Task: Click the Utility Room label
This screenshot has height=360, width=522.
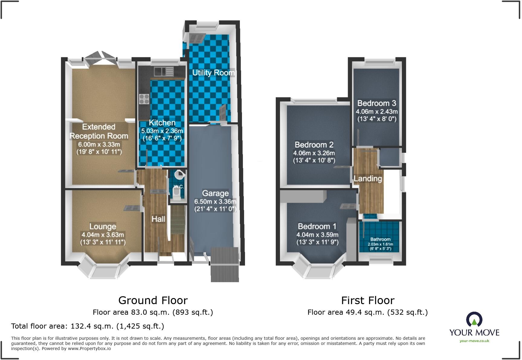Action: click(213, 72)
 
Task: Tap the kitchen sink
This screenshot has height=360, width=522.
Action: click(164, 72)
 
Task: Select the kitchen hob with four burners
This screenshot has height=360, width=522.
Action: click(144, 99)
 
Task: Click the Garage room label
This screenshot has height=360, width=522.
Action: click(215, 193)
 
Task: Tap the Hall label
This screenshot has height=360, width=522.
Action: click(158, 219)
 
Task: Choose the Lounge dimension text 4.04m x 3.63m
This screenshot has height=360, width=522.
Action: click(103, 235)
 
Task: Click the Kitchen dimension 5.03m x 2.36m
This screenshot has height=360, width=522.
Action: click(162, 131)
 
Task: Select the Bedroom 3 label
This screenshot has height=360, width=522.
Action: click(377, 103)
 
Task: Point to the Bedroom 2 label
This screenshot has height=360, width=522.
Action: click(314, 145)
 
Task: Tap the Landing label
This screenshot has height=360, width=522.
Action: click(368, 178)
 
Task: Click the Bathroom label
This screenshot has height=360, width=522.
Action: click(380, 239)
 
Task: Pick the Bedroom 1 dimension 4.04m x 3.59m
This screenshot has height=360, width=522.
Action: click(317, 235)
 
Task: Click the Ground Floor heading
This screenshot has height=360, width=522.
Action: click(153, 301)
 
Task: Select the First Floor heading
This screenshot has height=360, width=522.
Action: click(368, 301)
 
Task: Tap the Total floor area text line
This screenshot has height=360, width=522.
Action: click(88, 326)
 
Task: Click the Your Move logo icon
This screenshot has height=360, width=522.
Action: click(474, 320)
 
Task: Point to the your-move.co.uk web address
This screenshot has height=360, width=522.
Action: click(474, 341)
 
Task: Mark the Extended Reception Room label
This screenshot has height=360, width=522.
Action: click(99, 131)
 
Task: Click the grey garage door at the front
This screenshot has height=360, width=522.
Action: click(225, 265)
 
